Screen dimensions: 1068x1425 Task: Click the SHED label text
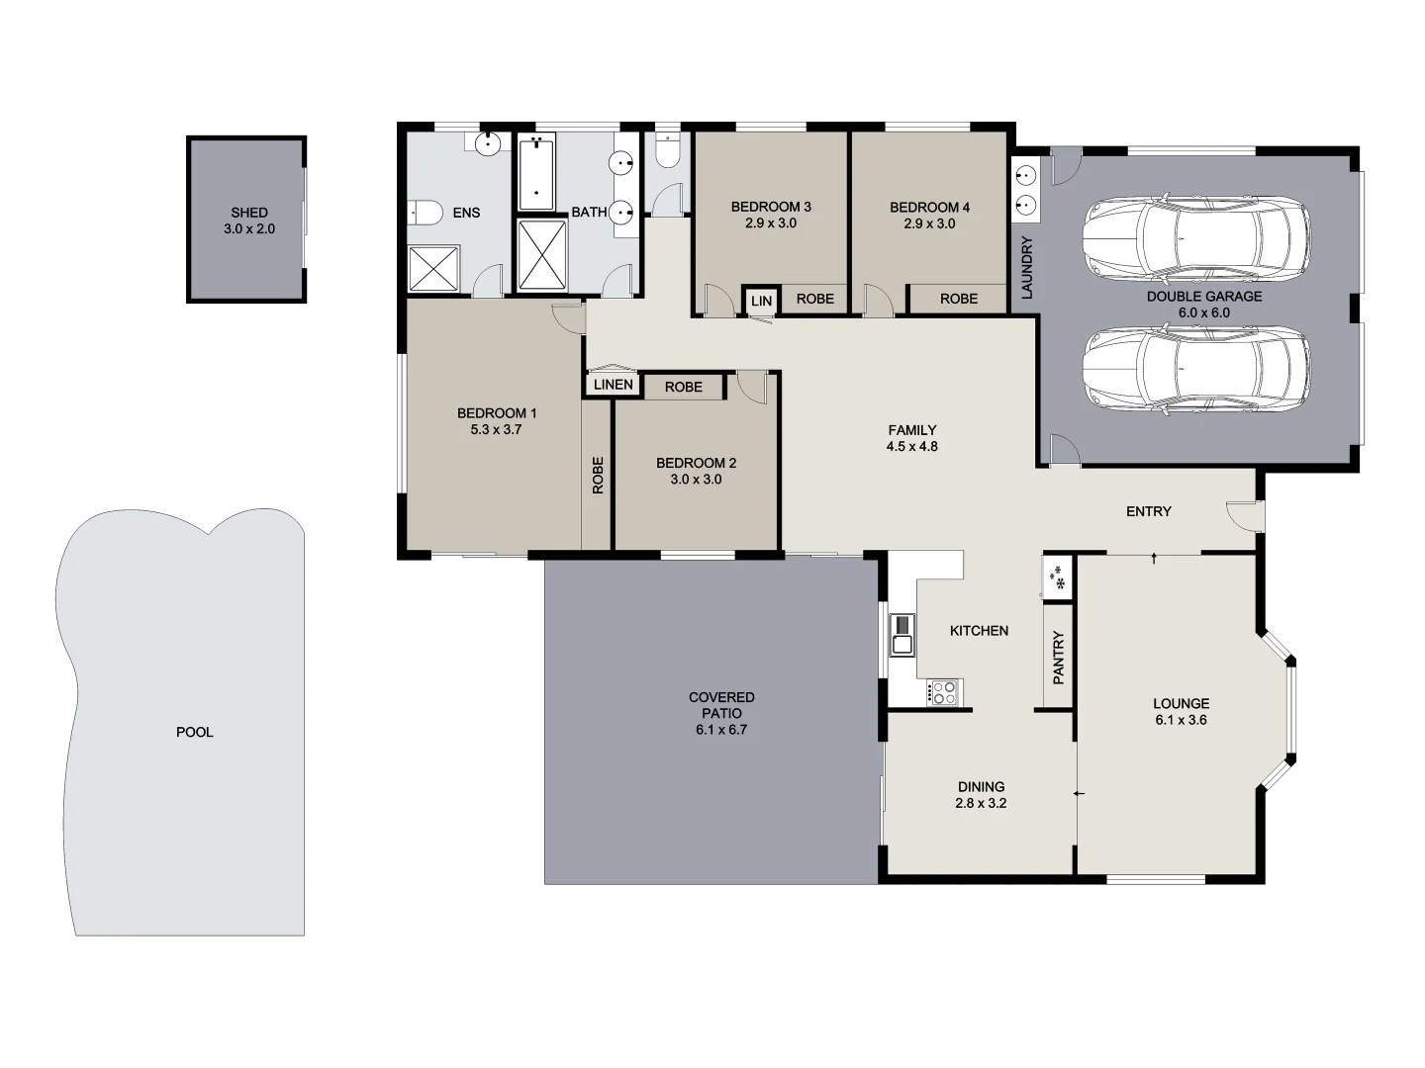[x=249, y=213]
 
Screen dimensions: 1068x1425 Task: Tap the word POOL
[x=195, y=733]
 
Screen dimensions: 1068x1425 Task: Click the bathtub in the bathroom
[x=536, y=172]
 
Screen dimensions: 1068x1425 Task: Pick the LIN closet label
[x=761, y=300]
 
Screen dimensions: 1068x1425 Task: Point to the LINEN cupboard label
[x=614, y=385]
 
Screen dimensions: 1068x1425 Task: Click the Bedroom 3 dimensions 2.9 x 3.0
[x=771, y=223]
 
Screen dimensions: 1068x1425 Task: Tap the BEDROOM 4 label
[x=929, y=208]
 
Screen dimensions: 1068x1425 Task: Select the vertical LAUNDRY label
[x=1026, y=268]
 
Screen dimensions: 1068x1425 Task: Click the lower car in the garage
[x=1195, y=368]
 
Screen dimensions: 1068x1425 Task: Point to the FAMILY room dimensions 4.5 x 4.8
[x=912, y=447]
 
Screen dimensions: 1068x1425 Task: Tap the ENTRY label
[x=1148, y=511]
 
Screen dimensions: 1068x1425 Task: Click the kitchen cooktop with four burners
[x=943, y=691]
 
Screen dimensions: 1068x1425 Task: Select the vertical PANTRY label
[x=1058, y=658]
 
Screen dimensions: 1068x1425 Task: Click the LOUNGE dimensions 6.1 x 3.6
[x=1181, y=721]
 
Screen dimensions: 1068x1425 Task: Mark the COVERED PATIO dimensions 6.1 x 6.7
[x=721, y=730]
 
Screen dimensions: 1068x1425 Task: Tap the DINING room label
[x=981, y=787]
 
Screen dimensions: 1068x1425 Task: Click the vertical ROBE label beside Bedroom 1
[x=597, y=475]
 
